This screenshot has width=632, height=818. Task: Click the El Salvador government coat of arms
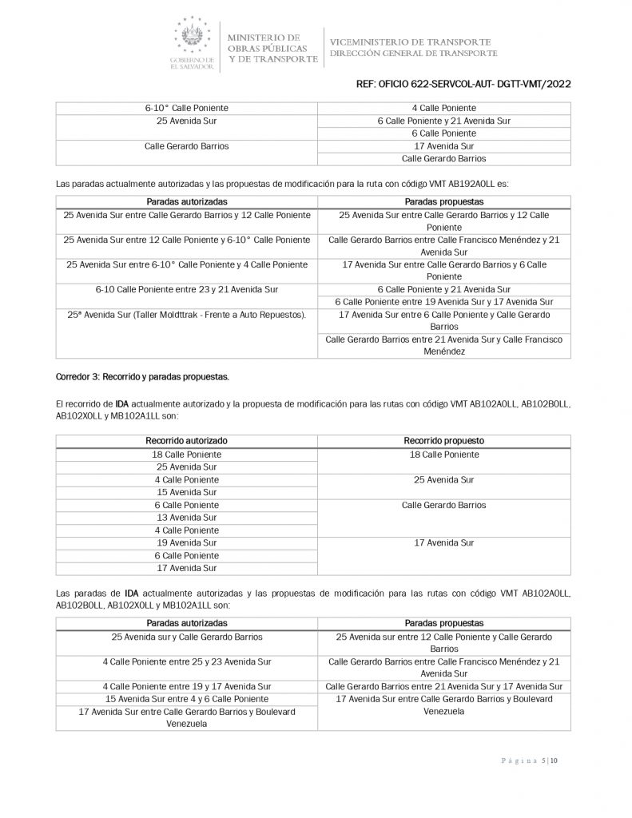pyautogui.click(x=193, y=37)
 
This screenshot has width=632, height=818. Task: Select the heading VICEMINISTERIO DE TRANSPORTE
pyautogui.click(x=410, y=42)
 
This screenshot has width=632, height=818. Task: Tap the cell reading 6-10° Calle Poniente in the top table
pyautogui.click(x=186, y=108)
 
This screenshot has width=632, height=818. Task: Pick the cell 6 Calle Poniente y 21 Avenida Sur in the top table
pyautogui.click(x=444, y=121)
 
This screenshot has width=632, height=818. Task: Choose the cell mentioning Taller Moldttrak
pyautogui.click(x=186, y=315)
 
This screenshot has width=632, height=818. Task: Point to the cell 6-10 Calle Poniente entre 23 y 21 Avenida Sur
pyautogui.click(x=186, y=288)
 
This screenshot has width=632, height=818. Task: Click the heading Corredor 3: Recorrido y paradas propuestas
pyautogui.click(x=141, y=375)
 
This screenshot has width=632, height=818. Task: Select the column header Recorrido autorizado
pyautogui.click(x=186, y=440)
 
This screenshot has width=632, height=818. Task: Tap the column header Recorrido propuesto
pyautogui.click(x=444, y=440)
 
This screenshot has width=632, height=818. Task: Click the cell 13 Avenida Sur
pyautogui.click(x=186, y=518)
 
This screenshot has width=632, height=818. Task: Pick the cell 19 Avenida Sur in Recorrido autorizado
pyautogui.click(x=186, y=543)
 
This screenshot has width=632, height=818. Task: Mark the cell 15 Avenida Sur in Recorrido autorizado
pyautogui.click(x=186, y=492)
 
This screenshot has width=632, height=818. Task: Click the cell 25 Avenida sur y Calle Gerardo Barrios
pyautogui.click(x=186, y=637)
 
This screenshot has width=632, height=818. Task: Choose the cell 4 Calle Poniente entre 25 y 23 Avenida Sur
pyautogui.click(x=186, y=662)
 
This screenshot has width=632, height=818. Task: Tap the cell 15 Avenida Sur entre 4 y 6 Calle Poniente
pyautogui.click(x=186, y=699)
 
